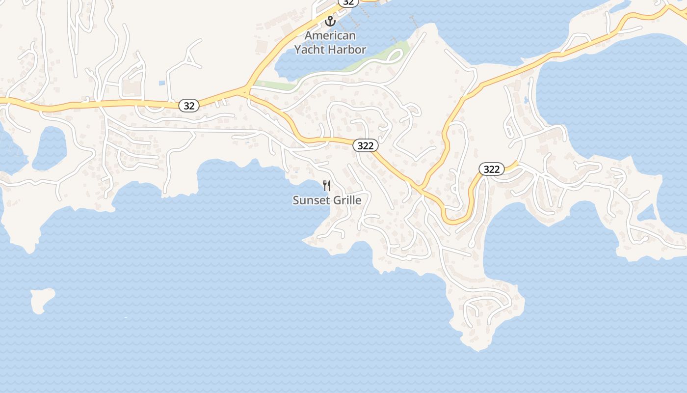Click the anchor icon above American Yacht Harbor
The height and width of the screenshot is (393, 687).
tap(330, 22)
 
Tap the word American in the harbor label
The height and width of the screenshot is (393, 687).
tap(330, 36)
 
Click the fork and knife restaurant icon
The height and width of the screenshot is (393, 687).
tap(327, 186)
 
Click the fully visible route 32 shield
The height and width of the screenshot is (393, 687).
tap(188, 105)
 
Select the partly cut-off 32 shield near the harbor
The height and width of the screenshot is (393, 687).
tap(348, 2)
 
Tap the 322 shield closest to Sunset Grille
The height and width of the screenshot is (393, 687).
tap(366, 145)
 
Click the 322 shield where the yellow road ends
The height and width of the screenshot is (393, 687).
tap(491, 169)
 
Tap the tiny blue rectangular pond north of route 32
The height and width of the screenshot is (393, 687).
tap(161, 84)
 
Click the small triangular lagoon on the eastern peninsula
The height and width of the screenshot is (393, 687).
tap(647, 213)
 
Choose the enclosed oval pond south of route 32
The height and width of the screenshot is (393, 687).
tap(49, 148)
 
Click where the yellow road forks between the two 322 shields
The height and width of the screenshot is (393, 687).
tap(421, 188)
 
